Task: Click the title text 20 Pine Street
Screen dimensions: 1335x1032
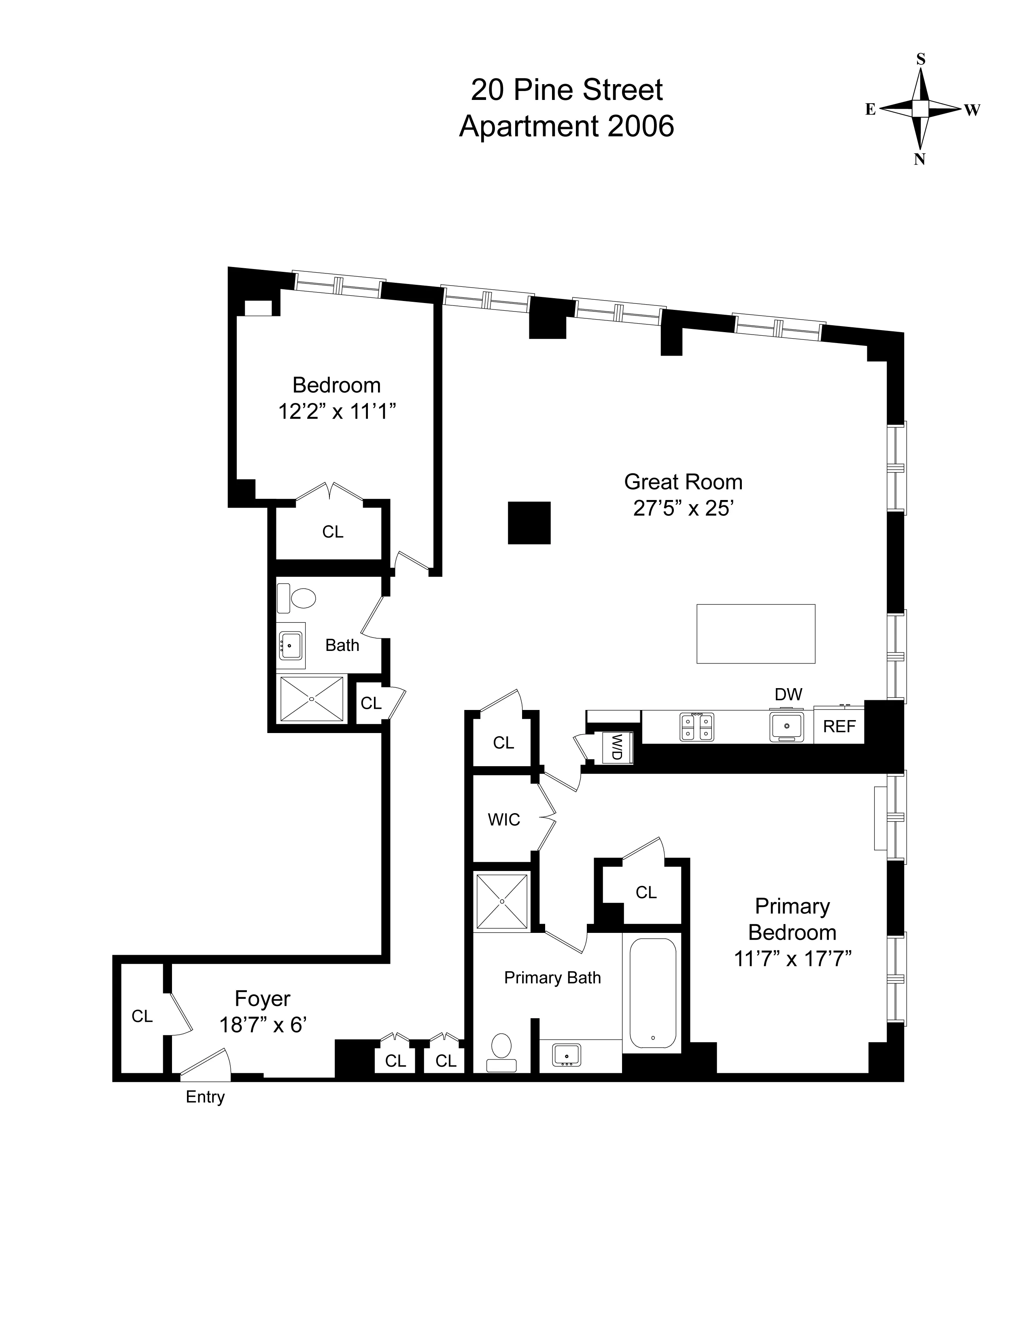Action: click(x=566, y=91)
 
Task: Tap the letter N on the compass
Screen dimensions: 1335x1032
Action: click(x=919, y=160)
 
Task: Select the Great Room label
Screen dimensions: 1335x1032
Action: click(x=683, y=482)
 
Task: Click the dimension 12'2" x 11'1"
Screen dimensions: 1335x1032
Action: click(x=337, y=412)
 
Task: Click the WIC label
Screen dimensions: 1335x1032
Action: click(x=504, y=820)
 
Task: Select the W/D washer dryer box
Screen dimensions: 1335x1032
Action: click(x=617, y=746)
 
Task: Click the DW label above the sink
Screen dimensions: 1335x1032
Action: click(x=788, y=694)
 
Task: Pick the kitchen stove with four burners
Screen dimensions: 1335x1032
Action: click(x=697, y=727)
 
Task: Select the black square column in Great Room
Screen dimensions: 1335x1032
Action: click(x=529, y=523)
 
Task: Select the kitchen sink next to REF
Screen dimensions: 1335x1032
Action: click(x=787, y=726)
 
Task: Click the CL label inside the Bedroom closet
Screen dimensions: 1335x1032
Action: click(x=333, y=532)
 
